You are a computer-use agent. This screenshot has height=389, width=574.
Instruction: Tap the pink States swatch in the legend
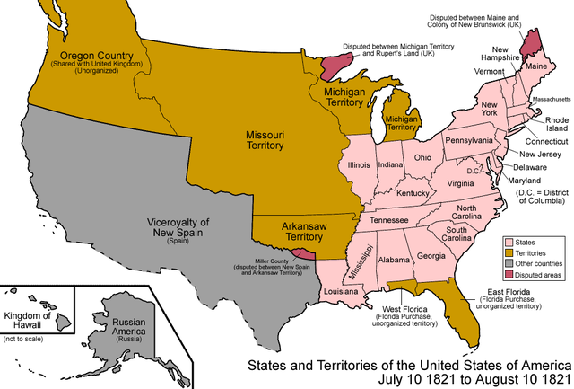[x=509, y=243]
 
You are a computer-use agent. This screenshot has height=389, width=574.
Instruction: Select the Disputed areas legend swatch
[x=509, y=276]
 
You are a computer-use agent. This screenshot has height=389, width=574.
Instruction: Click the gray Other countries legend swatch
[x=509, y=265]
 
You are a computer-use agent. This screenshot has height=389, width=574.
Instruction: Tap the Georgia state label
[x=431, y=256]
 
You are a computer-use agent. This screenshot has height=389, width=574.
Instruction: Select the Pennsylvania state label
[x=469, y=141]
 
